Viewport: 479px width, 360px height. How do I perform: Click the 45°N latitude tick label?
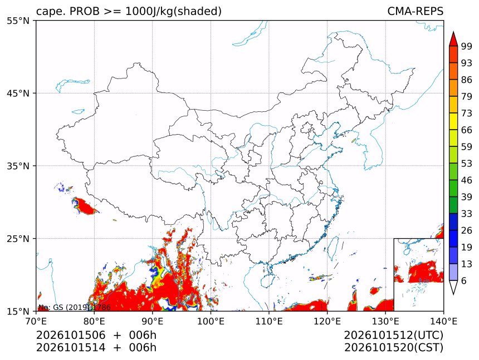(18, 93)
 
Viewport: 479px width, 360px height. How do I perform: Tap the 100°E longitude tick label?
(211, 321)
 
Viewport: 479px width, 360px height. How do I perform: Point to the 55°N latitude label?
(18, 21)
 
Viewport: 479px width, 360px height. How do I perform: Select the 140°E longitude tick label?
(443, 321)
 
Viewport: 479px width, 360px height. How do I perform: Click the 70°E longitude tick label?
(36, 321)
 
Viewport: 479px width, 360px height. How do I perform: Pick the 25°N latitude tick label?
(18, 238)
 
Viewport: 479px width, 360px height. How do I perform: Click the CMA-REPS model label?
(415, 11)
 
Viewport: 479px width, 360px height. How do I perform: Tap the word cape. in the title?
(51, 11)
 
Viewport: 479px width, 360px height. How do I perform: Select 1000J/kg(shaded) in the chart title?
(174, 11)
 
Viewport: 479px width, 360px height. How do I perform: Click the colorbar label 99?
(467, 46)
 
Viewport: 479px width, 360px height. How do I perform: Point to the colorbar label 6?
(464, 280)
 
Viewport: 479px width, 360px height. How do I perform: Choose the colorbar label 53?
(467, 164)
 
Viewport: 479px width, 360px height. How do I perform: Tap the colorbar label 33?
(467, 214)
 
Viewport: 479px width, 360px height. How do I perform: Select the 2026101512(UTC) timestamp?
(394, 335)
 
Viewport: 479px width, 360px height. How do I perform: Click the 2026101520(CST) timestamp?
(394, 348)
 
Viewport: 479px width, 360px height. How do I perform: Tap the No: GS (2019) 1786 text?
(74, 307)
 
